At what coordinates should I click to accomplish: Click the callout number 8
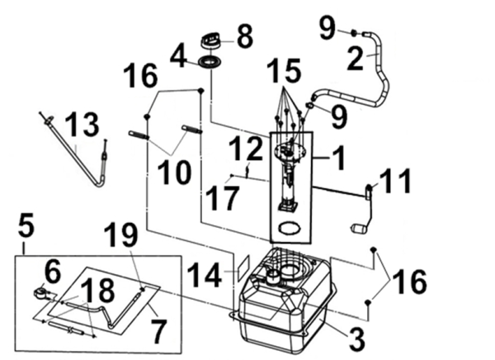coord(244,36)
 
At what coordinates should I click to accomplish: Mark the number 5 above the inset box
coord(25,224)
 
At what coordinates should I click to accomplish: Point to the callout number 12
coord(245,151)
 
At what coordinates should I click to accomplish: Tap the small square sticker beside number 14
coord(243,267)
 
